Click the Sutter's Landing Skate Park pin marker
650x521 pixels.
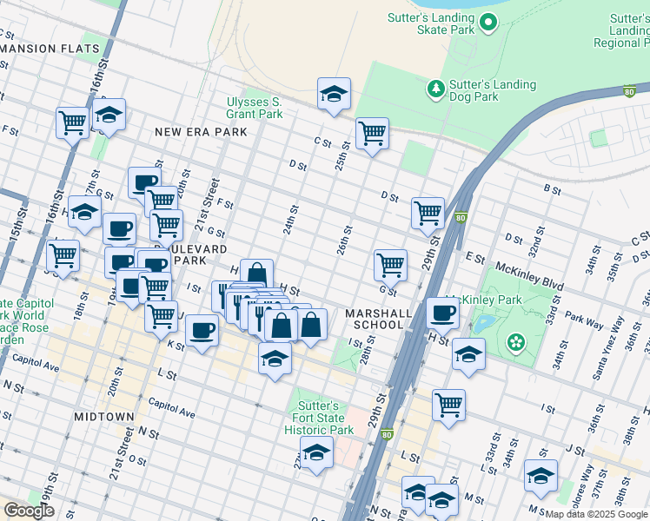(488, 23)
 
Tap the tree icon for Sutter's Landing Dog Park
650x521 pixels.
(435, 88)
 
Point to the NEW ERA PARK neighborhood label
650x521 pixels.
(201, 132)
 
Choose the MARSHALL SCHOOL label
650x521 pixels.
(375, 319)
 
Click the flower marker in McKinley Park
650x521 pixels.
(517, 341)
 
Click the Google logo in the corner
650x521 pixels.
(29, 511)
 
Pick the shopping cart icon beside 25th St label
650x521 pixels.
(372, 134)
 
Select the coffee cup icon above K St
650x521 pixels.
(202, 331)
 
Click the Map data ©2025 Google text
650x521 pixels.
(595, 514)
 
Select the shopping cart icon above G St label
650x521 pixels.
(390, 265)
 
